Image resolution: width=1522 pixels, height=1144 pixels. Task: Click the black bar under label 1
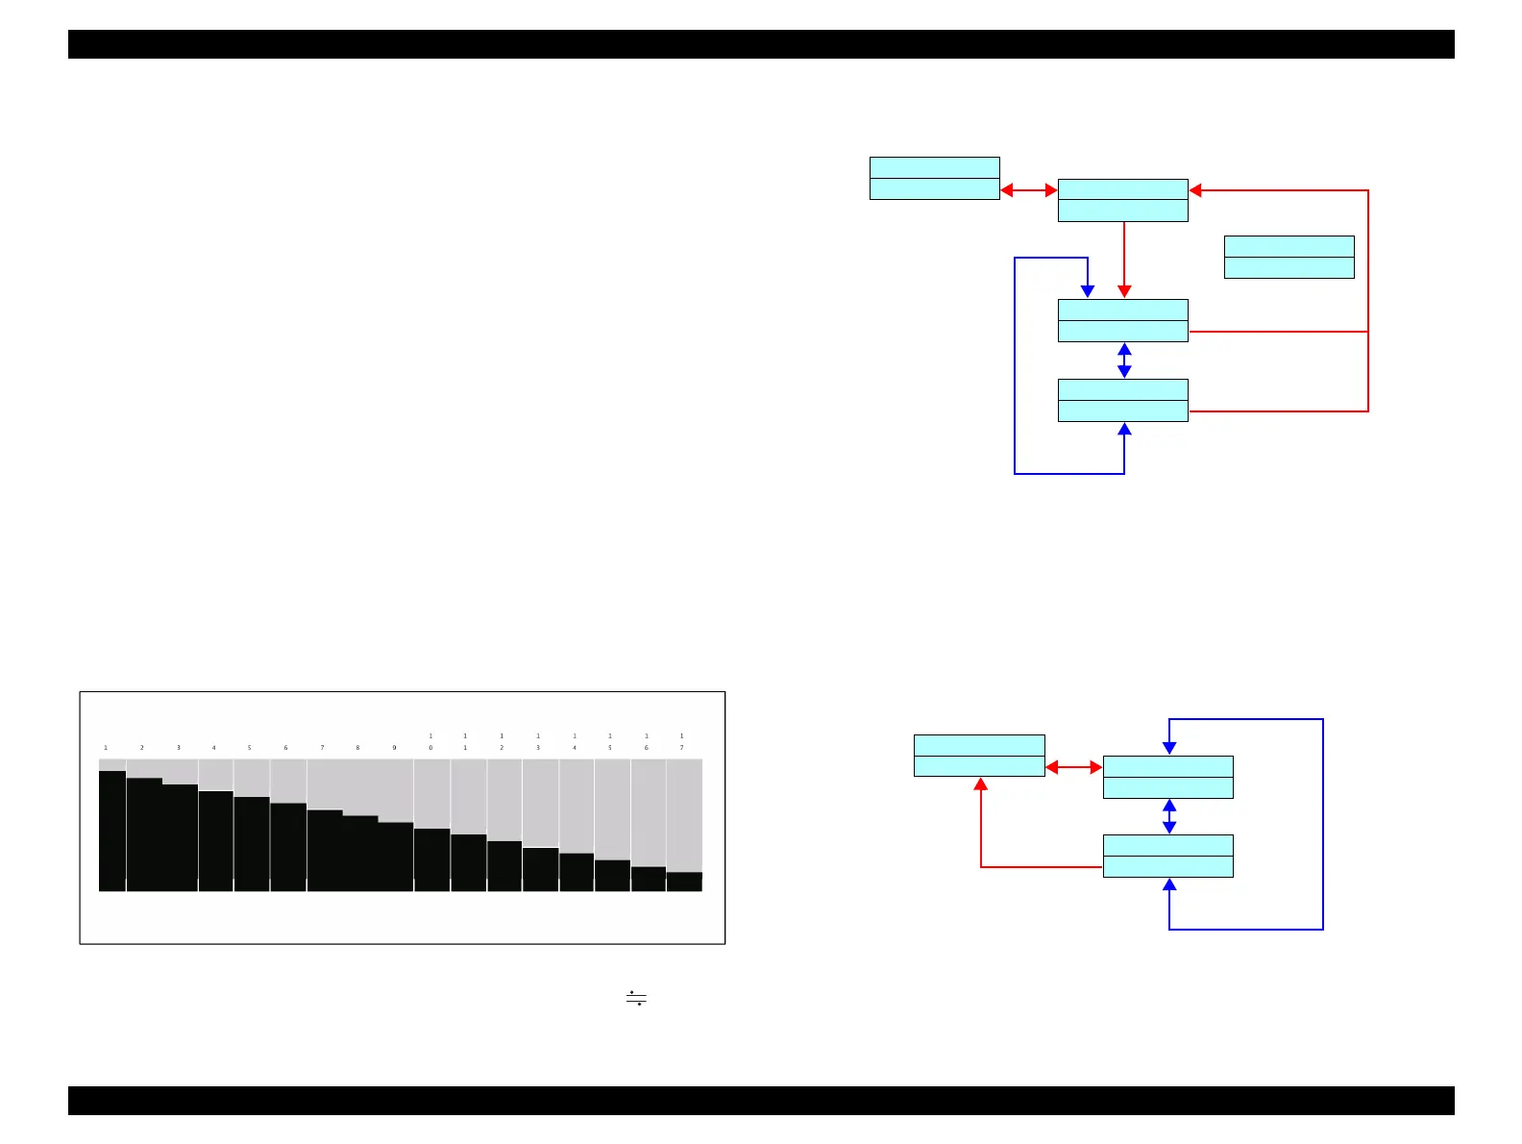[112, 831]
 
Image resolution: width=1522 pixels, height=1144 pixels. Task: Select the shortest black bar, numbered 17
[684, 882]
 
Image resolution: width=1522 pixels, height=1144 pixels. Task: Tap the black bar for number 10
[431, 859]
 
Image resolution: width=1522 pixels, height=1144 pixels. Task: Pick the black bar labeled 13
[540, 869]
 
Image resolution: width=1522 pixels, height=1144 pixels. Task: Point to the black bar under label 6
[288, 847]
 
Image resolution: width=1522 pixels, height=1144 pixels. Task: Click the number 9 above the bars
[394, 748]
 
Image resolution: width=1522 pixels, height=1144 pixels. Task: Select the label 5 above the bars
[249, 748]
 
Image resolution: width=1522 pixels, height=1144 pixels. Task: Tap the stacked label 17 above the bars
[682, 742]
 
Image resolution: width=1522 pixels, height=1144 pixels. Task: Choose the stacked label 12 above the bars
[502, 742]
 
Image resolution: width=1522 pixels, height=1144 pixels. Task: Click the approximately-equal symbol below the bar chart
[636, 998]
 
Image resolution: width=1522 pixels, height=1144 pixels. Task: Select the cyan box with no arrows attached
[1289, 257]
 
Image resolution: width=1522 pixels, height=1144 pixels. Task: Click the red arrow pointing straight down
[1124, 260]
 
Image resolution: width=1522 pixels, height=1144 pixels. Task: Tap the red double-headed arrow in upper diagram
[1029, 190]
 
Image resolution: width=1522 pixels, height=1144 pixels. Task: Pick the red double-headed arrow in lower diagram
[1073, 767]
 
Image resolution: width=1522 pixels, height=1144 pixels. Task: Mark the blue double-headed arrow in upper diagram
[1124, 361]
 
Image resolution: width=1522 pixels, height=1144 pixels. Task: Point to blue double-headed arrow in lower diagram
[1169, 816]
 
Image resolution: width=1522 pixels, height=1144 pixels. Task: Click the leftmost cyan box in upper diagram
[934, 178]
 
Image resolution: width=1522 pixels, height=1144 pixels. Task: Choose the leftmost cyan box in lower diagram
[979, 756]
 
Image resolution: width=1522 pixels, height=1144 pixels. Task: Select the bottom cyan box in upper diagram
[1122, 400]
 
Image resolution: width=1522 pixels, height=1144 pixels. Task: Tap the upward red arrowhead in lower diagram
[981, 784]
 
